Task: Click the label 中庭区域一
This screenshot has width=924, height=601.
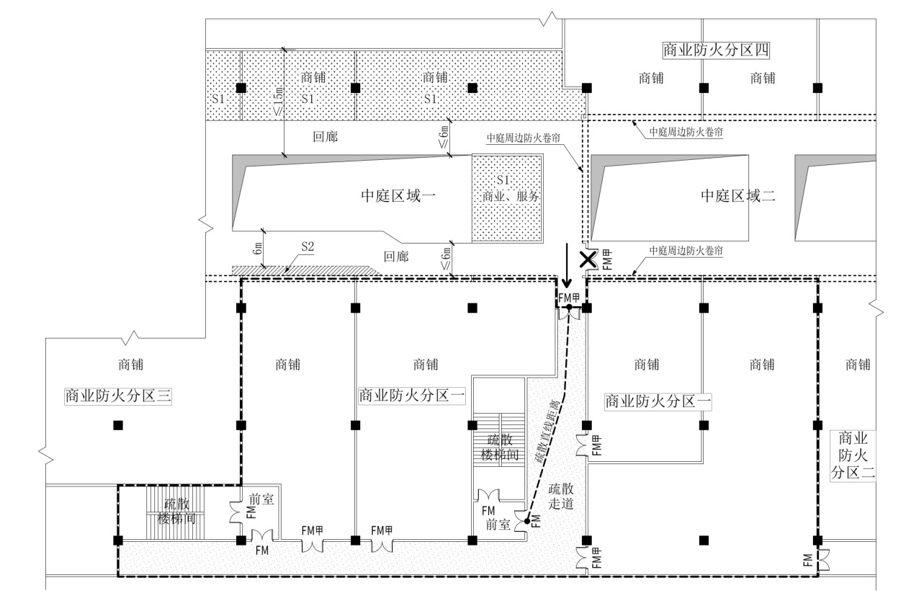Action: pos(398,195)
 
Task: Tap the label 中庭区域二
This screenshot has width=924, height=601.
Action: pos(738,195)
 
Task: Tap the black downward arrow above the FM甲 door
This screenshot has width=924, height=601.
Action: pos(568,266)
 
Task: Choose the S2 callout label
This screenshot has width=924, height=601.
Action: pos(308,246)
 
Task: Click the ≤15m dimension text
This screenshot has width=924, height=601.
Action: pos(279,101)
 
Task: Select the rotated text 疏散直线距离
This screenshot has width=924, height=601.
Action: pos(548,432)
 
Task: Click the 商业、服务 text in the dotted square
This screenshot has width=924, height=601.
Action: pos(508,196)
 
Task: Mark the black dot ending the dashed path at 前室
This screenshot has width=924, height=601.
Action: pos(527,520)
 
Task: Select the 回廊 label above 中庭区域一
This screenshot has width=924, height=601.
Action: pos(325,135)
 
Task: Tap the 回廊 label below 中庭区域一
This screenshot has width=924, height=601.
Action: pos(396,256)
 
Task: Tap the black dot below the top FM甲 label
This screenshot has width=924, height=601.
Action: pos(568,307)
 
